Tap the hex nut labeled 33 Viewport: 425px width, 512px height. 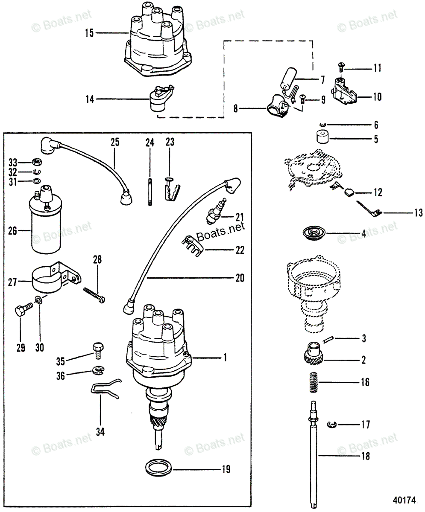point(36,162)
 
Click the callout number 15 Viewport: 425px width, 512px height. point(89,33)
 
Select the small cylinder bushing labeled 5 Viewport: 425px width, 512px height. point(323,139)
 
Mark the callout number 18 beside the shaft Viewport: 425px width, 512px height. point(365,456)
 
